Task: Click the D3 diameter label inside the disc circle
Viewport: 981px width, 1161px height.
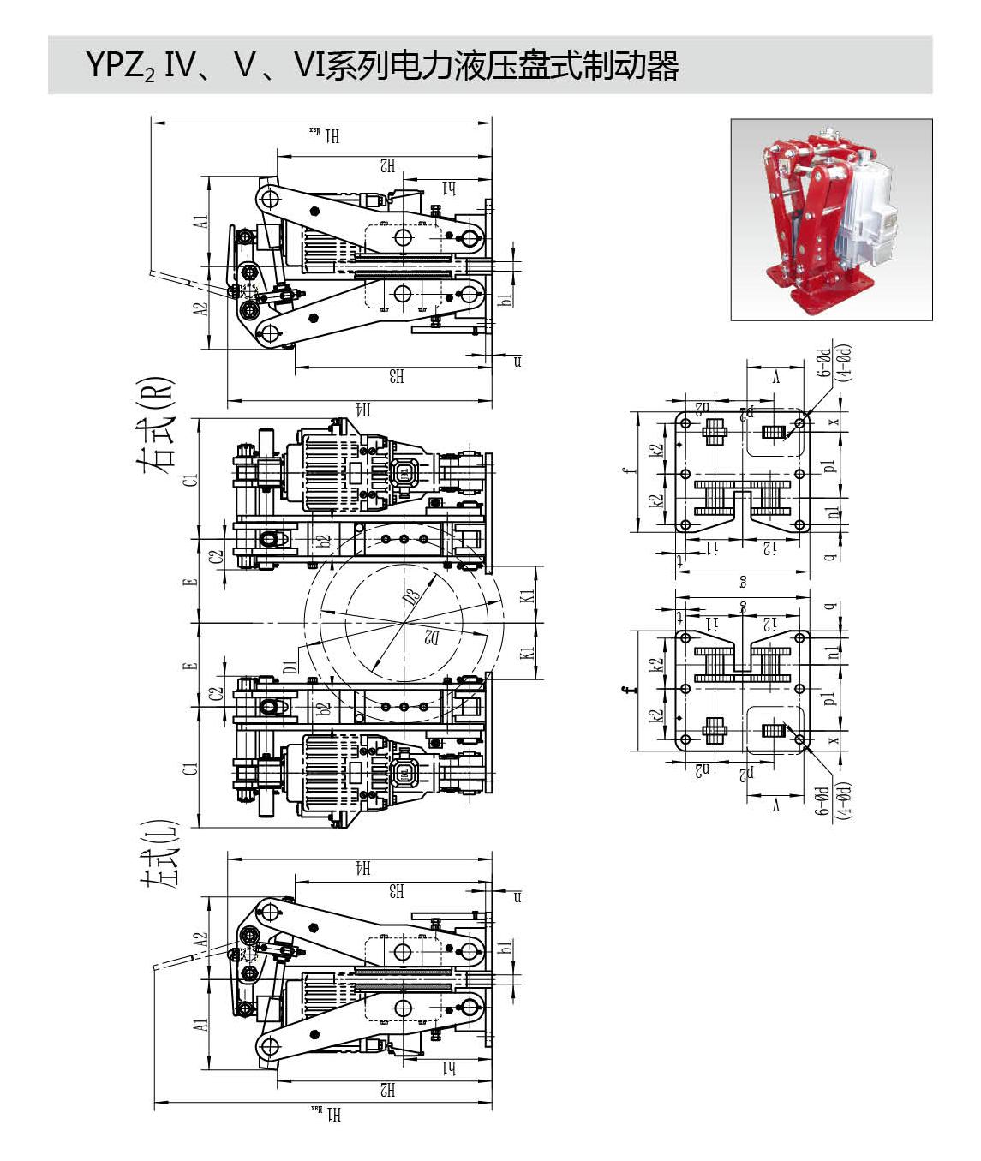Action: point(413,595)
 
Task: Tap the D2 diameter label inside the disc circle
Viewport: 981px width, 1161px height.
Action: point(431,637)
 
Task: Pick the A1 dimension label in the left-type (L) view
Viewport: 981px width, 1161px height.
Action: point(201,1026)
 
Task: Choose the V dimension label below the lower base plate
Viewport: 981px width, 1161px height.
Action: point(776,805)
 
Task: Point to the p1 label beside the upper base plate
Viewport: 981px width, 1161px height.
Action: point(829,467)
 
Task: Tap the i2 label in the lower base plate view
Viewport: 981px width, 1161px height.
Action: point(770,623)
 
